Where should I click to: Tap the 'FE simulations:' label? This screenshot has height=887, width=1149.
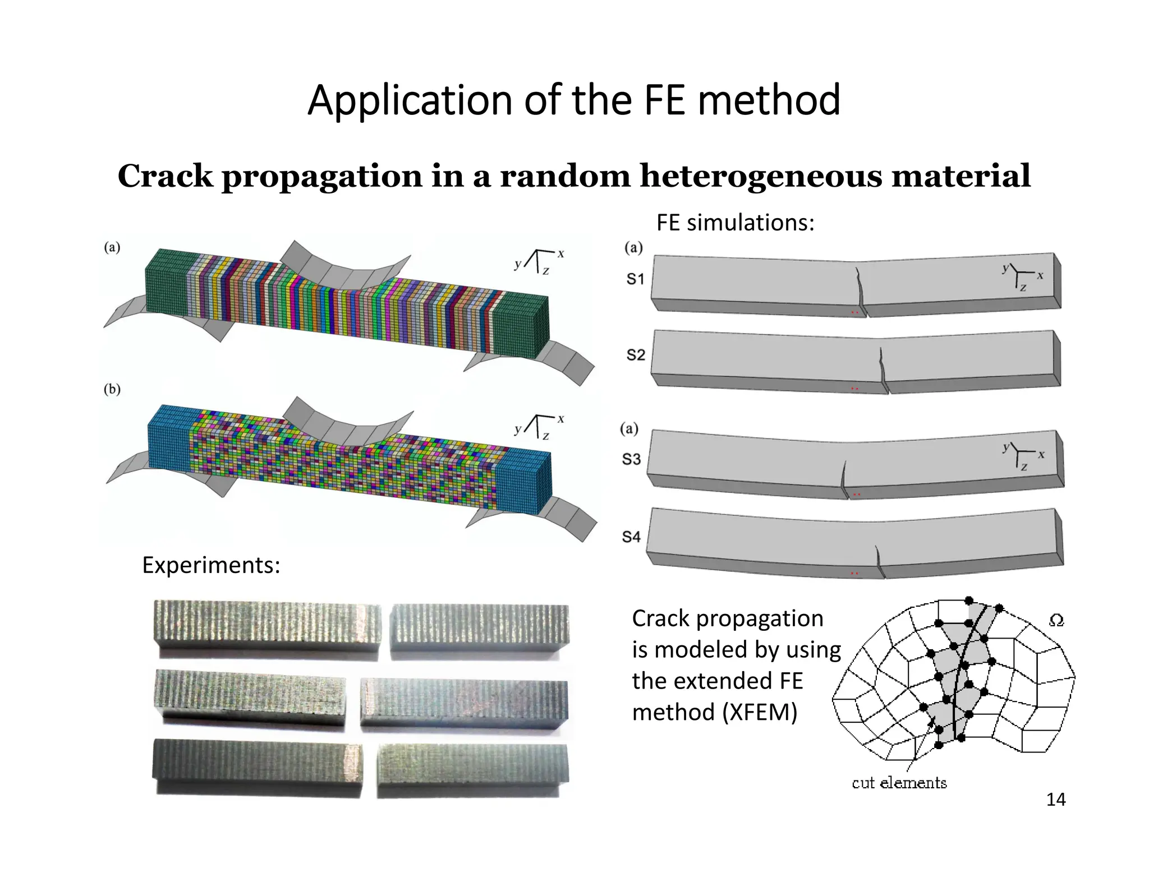click(735, 223)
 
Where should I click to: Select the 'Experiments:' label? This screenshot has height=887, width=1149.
click(211, 565)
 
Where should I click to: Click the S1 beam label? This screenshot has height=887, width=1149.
click(635, 279)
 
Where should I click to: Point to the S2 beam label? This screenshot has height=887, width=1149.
click(636, 355)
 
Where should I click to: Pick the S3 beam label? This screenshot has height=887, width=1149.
click(631, 459)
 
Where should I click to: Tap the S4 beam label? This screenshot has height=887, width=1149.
click(631, 537)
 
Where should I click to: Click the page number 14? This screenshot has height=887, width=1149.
click(1056, 800)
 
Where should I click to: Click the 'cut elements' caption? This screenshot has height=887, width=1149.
click(899, 783)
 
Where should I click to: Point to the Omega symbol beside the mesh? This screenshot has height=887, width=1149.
click(1056, 621)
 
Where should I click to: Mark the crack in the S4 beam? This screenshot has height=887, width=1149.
click(879, 561)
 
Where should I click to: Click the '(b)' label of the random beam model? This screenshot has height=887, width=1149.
click(112, 389)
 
